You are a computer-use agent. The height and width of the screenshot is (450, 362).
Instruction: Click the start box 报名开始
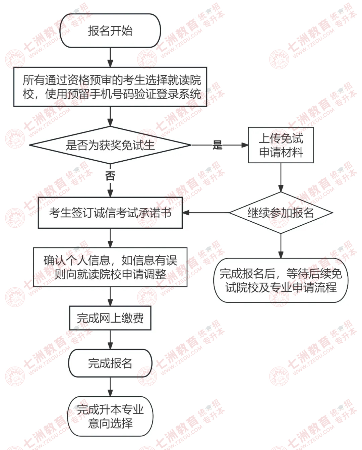[110, 31]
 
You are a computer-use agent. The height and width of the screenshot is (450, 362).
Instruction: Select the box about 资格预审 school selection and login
[110, 87]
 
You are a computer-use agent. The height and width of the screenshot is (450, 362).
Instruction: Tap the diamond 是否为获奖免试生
[110, 145]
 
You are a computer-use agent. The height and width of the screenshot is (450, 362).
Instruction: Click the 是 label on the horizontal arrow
[217, 145]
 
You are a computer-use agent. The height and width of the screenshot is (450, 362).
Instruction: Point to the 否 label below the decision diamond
[110, 176]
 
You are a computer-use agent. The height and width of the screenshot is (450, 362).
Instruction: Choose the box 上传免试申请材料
[281, 145]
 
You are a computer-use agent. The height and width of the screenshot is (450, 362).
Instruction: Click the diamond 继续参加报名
[281, 213]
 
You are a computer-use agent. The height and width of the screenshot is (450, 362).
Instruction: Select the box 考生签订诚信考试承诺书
[110, 213]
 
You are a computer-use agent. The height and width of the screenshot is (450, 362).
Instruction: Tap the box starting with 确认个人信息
[110, 267]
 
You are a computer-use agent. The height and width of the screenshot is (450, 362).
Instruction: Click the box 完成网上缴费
[110, 318]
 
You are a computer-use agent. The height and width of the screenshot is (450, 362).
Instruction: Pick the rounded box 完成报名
[110, 363]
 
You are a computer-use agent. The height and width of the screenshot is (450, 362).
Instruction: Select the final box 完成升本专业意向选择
[110, 416]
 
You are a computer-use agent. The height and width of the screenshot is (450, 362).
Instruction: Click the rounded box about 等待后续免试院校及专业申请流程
[281, 280]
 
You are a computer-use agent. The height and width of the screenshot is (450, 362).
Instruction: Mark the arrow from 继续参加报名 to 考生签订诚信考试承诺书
[206, 213]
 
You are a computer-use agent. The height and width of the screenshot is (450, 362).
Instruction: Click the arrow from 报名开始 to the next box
[110, 57]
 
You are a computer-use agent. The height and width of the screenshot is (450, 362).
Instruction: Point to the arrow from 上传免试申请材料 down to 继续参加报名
[281, 177]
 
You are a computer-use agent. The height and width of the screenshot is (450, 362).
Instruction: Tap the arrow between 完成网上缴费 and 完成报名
[110, 340]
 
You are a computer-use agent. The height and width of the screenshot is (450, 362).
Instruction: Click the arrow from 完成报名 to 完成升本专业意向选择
[110, 387]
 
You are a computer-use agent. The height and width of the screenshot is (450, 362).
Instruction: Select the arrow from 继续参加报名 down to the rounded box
[281, 246]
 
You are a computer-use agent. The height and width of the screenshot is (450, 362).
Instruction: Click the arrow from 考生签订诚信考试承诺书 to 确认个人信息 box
[110, 238]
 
